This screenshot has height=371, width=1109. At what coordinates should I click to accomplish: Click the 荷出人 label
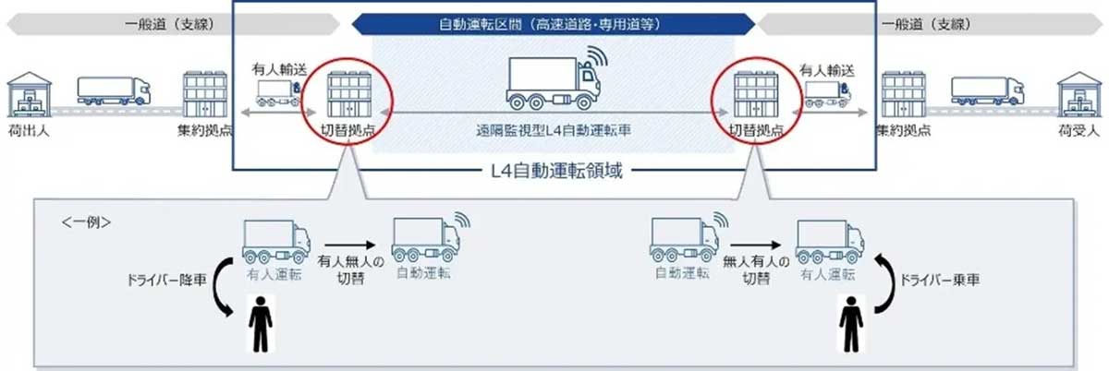click(x=28, y=131)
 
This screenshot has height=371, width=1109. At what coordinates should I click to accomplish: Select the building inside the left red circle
click(x=348, y=91)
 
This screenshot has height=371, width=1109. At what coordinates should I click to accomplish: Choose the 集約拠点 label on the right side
click(x=906, y=131)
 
